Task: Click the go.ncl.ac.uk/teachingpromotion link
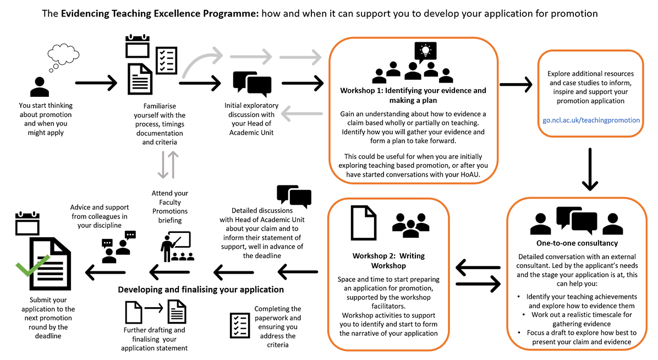pyautogui.click(x=591, y=120)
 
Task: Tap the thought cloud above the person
pyautogui.click(x=63, y=57)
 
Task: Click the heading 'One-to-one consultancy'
pyautogui.click(x=577, y=243)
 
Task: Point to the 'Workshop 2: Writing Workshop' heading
pyautogui.click(x=388, y=260)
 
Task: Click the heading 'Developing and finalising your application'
pyautogui.click(x=201, y=290)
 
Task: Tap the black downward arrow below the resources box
pyautogui.click(x=590, y=169)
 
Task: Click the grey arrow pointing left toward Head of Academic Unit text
pyautogui.click(x=302, y=113)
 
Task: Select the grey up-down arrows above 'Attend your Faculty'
pyautogui.click(x=168, y=165)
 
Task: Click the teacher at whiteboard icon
pyautogui.click(x=177, y=247)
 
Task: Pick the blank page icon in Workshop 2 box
pyautogui.click(x=364, y=222)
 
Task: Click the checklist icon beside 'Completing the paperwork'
pyautogui.click(x=240, y=325)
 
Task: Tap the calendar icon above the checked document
pyautogui.click(x=28, y=223)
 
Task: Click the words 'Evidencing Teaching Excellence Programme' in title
pyautogui.click(x=160, y=13)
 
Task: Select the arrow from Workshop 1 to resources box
pyautogui.click(x=516, y=84)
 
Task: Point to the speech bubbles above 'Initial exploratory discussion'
pyautogui.click(x=252, y=84)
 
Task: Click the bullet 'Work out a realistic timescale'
pyautogui.click(x=581, y=319)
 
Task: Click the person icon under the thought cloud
pyautogui.click(x=40, y=87)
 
